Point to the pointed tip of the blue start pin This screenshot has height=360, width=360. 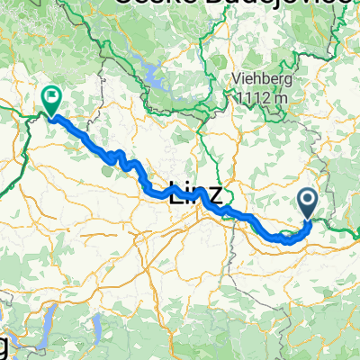pyautogui.click(x=308, y=220)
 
